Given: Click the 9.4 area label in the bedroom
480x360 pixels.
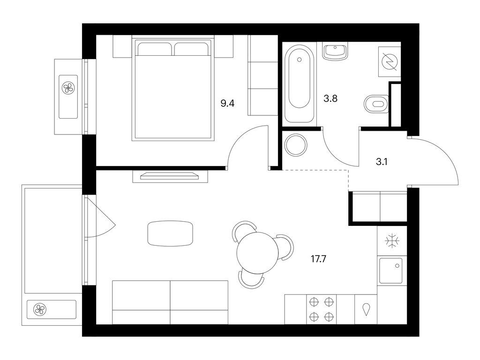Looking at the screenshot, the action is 227,104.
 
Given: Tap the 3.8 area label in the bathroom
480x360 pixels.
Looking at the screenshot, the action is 330,98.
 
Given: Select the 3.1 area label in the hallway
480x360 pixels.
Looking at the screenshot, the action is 382,162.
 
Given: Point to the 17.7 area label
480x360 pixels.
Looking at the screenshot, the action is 318,259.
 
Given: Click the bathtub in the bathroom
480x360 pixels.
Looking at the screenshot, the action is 299,84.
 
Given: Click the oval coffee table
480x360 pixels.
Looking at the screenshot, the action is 170,233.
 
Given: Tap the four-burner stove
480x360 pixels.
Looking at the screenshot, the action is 321,309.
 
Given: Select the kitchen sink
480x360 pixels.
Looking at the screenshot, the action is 391,270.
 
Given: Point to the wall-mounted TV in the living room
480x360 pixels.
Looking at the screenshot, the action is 170,176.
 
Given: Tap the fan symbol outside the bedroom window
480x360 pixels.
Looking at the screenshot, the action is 68,89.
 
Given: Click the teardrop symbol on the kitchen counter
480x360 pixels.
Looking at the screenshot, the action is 366,309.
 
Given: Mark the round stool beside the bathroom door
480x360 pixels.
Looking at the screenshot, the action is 295,144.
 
